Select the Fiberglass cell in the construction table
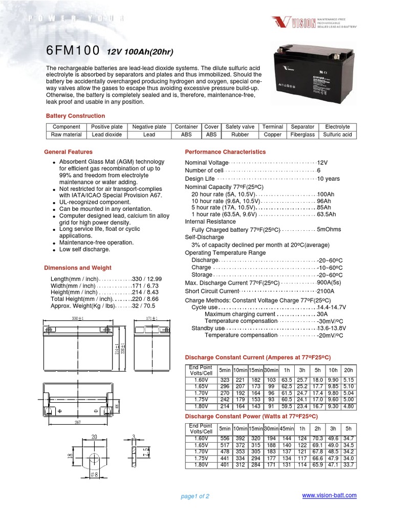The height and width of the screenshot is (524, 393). pos(302,135)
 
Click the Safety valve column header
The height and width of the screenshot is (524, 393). pos(240,127)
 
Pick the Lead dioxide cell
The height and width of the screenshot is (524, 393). pos(107,135)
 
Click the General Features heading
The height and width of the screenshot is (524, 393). pos(69,152)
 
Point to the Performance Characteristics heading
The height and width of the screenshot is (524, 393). pos(225,152)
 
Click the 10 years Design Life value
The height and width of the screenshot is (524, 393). pos(329,179)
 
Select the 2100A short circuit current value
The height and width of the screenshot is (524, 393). pos(326,291)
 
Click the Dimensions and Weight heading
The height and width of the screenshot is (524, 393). pos(78,268)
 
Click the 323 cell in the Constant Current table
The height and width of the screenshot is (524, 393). pos(225,380)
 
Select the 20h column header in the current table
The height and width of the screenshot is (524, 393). pos(348,370)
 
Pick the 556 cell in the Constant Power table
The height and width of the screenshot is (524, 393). pos(225,439)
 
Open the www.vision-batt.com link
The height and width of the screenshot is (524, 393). pos(330,495)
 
